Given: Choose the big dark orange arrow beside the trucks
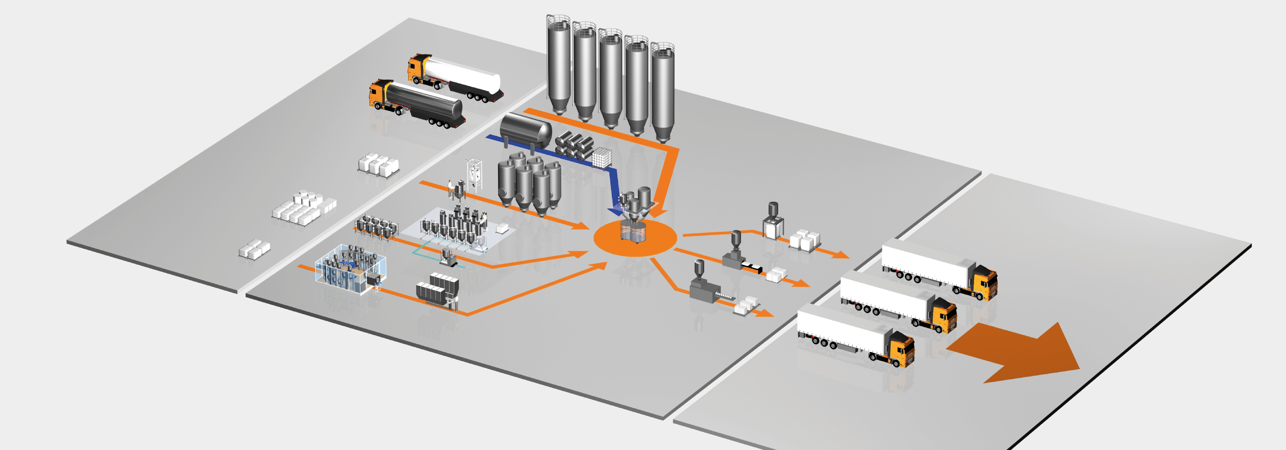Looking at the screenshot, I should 1018,353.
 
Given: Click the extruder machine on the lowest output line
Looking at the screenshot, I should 704,287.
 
